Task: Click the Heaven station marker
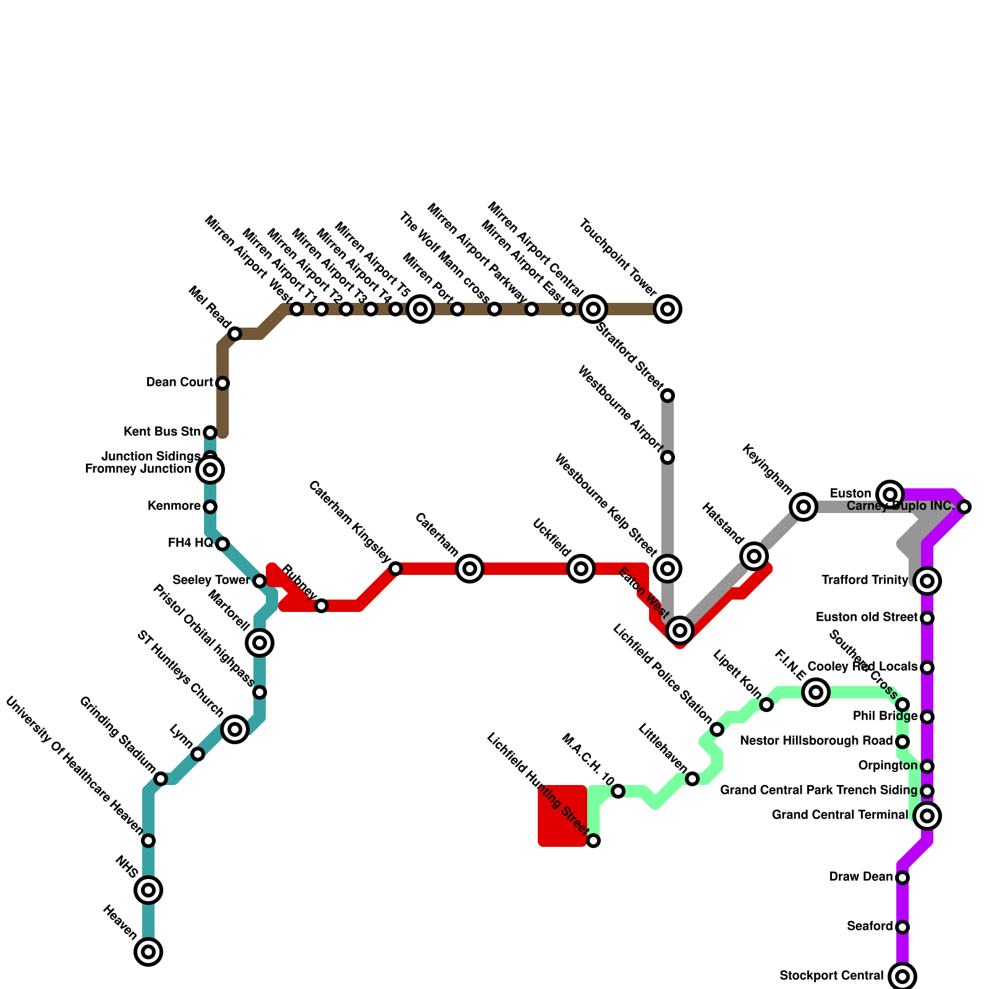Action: point(148,952)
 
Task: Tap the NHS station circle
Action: point(148,890)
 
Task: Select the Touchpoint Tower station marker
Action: point(668,309)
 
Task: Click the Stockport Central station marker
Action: point(902,977)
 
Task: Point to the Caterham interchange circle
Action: point(470,569)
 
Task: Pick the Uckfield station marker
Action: point(581,569)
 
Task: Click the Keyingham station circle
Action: point(804,507)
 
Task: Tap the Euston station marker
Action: point(890,494)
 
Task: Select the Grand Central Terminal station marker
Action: point(927,816)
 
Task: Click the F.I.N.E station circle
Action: point(816,692)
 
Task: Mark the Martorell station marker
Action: point(260,643)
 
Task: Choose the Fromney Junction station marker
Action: point(210,470)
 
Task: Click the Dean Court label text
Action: point(179,383)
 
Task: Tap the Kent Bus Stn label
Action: point(162,431)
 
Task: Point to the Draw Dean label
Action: point(860,877)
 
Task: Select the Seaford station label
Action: point(870,926)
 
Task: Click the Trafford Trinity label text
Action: point(865,580)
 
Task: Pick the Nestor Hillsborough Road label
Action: point(816,741)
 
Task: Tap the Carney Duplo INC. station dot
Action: point(964,507)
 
